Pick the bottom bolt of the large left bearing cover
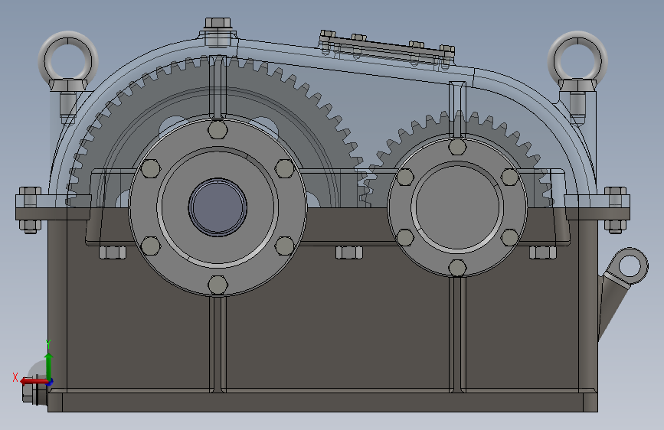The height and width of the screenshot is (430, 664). coord(218,285)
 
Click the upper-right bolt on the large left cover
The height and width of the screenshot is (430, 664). coord(284,168)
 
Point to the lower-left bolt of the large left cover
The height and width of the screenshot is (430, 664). coord(151,246)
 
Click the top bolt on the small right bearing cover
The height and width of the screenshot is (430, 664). coord(457,147)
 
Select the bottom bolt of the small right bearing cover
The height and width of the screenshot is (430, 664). coord(457,268)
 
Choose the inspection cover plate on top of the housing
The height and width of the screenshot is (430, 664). coord(388,48)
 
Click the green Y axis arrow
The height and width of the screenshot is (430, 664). coord(48,363)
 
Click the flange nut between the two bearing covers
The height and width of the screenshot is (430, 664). coord(348,252)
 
